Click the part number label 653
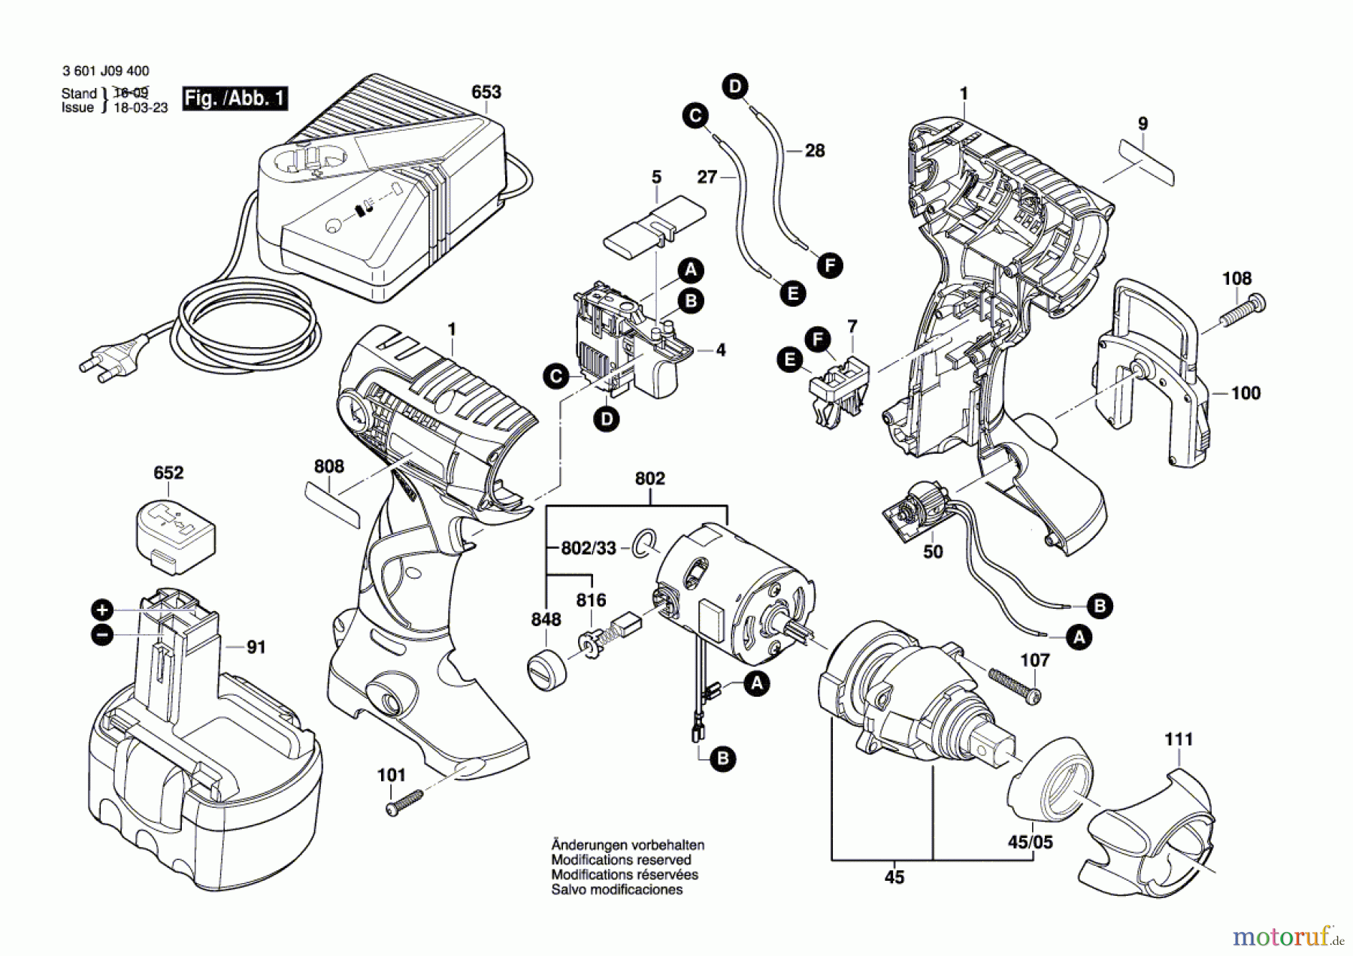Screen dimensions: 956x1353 (486, 92)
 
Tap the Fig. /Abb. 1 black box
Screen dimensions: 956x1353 (235, 98)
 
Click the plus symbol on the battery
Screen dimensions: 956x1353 (101, 610)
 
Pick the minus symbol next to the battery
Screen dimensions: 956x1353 (101, 634)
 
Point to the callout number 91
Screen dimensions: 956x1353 (256, 647)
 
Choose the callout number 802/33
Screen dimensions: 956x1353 (588, 549)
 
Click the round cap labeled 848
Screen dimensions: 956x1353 (547, 668)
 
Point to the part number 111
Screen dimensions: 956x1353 (1179, 740)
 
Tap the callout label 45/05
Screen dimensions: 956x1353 (1030, 842)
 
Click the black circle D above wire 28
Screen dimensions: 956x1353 (735, 86)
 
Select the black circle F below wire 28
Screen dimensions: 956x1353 (830, 265)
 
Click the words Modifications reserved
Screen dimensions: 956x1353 (621, 860)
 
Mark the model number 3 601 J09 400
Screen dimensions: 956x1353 (106, 71)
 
